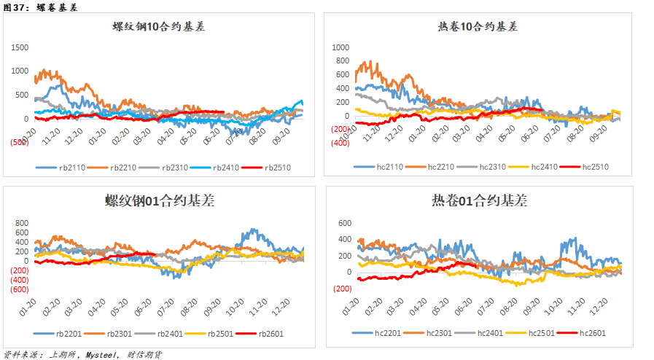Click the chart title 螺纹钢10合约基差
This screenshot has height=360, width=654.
(158, 27)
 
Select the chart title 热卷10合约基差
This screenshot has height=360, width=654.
(478, 27)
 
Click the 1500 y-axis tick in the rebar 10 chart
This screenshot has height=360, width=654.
(20, 47)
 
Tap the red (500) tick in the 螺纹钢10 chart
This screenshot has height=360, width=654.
(20, 143)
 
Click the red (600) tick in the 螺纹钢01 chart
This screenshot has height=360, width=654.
(20, 289)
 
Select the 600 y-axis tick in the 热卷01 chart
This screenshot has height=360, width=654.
(345, 223)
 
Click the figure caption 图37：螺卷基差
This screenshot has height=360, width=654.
(40, 7)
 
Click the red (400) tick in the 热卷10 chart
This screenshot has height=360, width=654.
(340, 143)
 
